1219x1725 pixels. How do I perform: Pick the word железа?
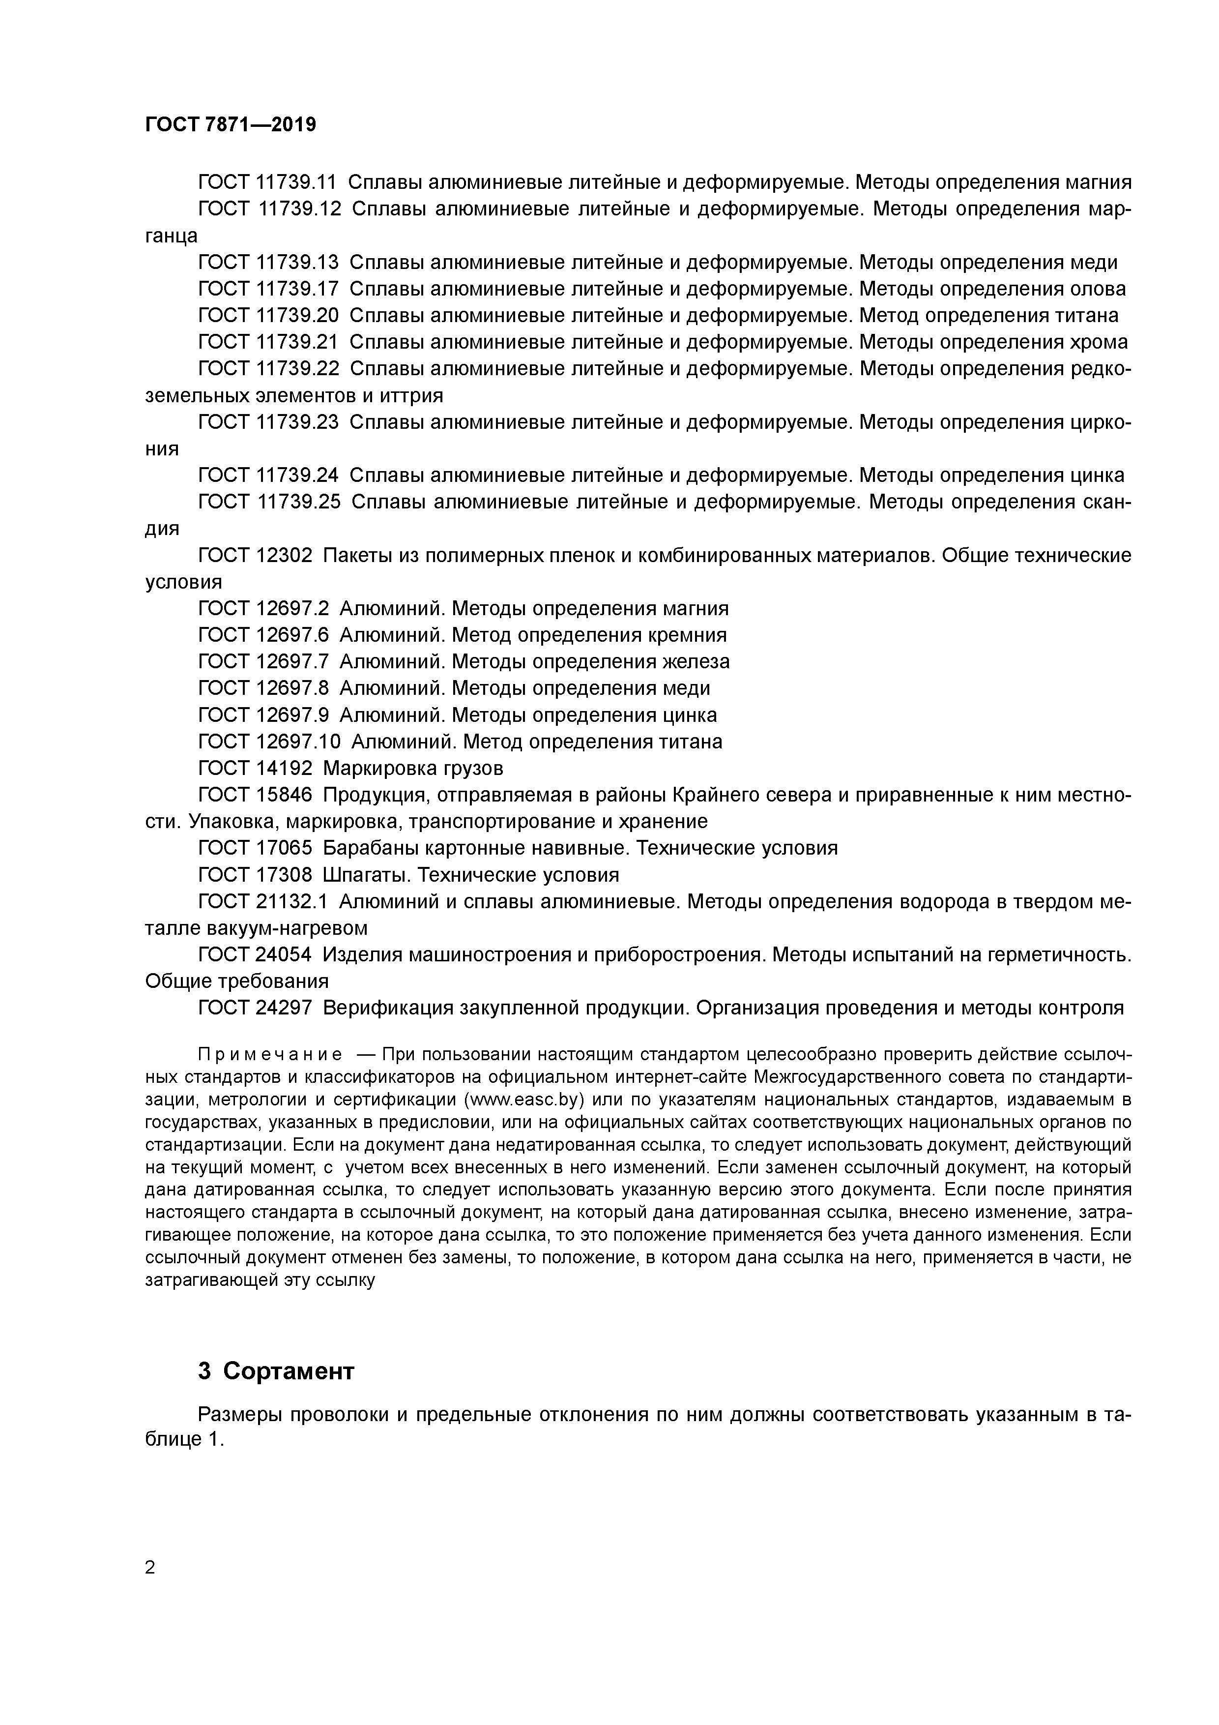pyautogui.click(x=696, y=661)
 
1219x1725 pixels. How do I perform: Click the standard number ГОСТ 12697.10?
pyautogui.click(x=269, y=742)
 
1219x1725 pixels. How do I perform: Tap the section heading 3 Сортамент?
pyautogui.click(x=276, y=1371)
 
